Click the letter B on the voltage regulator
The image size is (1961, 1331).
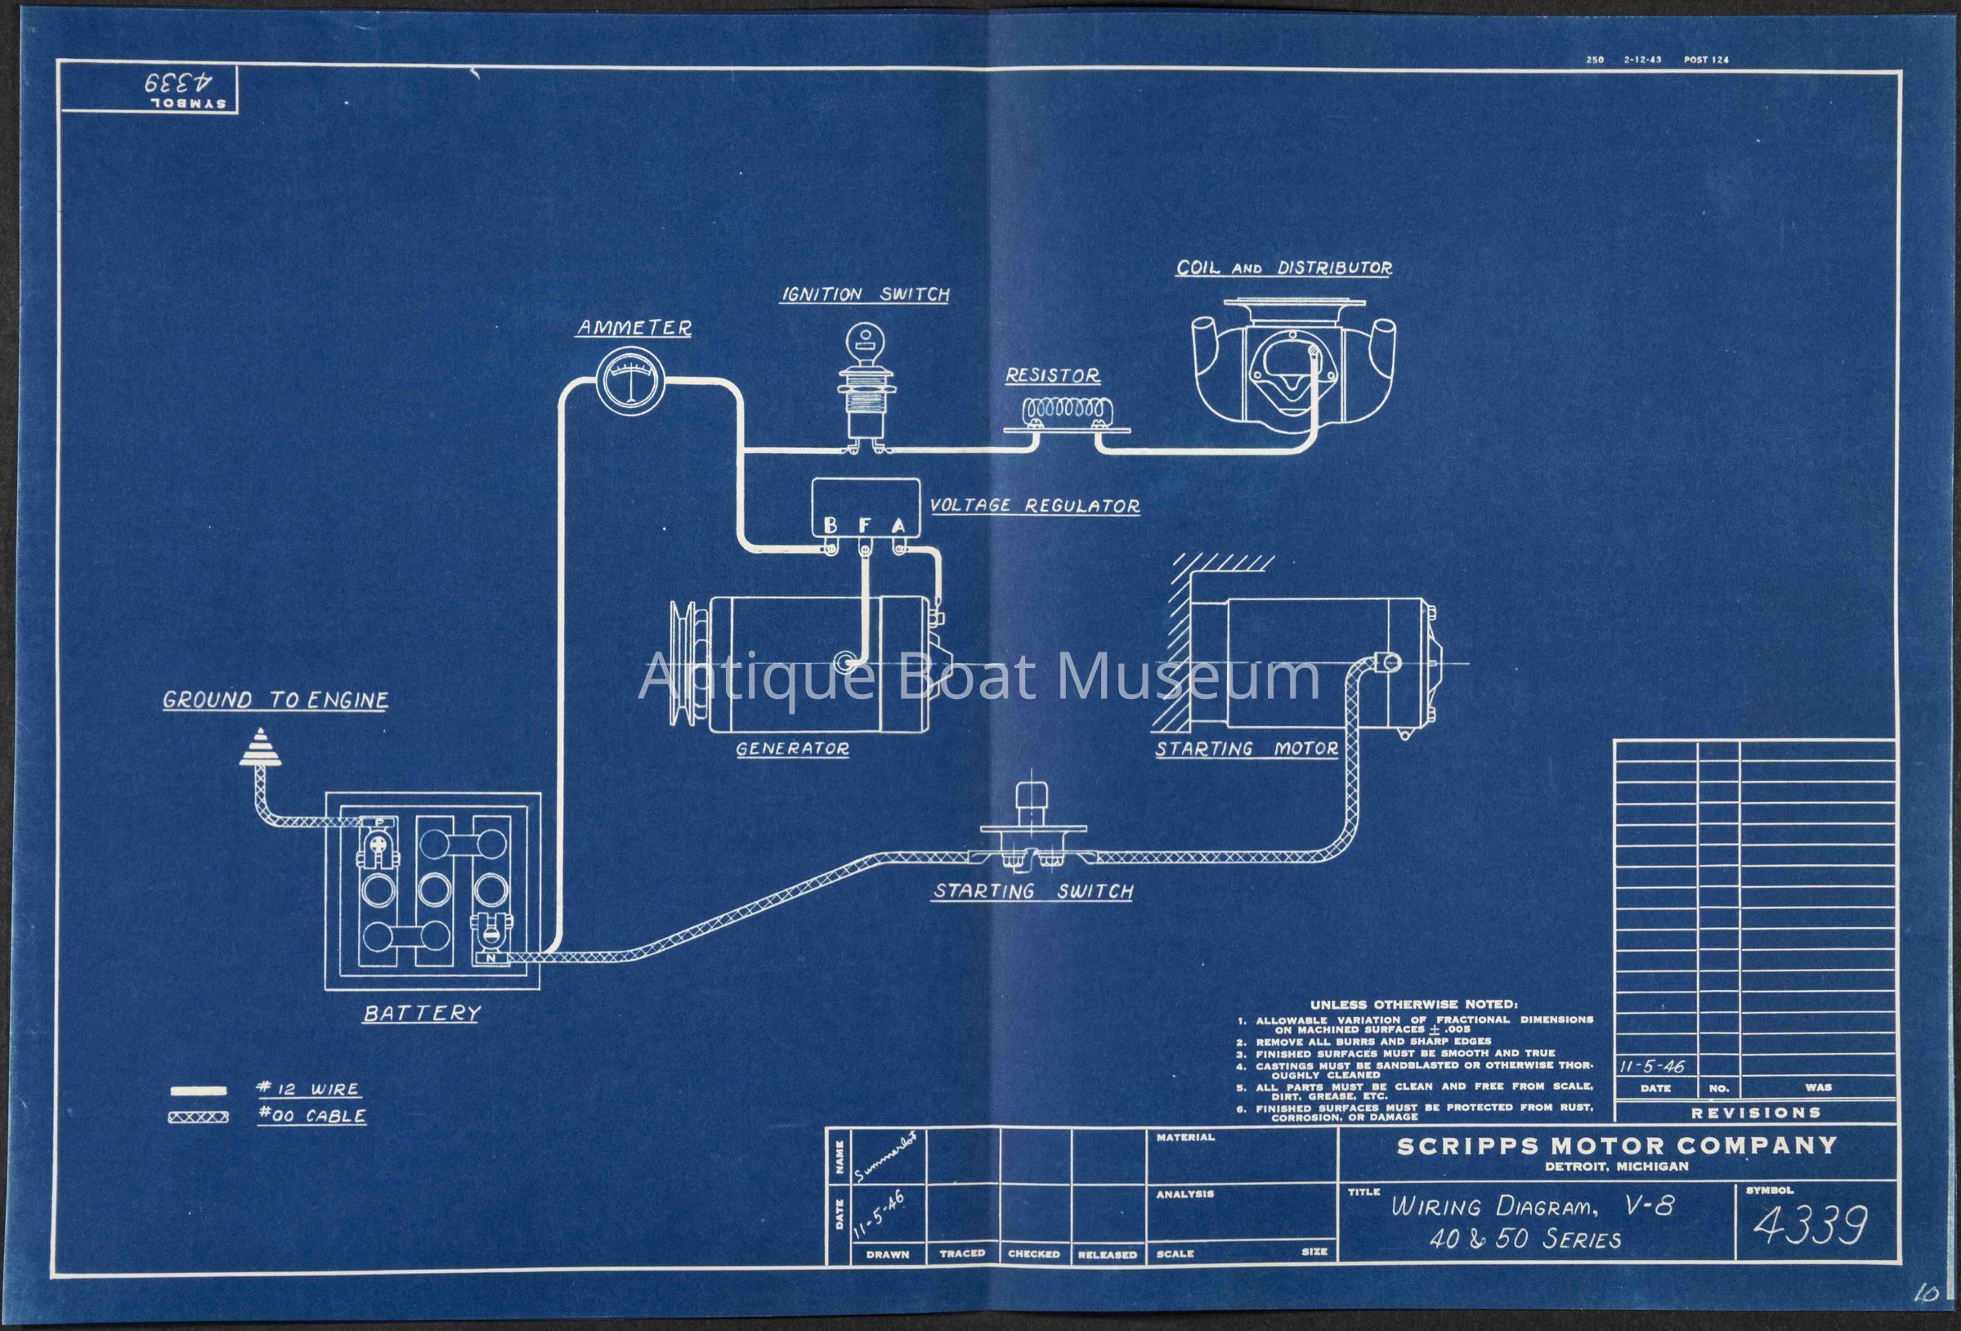[x=831, y=526]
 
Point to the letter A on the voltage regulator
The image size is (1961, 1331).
[x=898, y=526]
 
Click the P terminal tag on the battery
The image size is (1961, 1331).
[x=378, y=821]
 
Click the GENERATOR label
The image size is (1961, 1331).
[x=791, y=748]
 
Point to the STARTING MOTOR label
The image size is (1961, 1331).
[x=1247, y=748]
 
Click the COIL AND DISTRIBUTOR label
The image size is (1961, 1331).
[x=1284, y=267]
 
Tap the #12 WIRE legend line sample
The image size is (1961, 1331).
[x=199, y=1090]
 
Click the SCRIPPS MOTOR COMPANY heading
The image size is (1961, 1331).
[x=1617, y=1145]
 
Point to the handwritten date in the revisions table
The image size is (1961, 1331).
[x=1652, y=1066]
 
